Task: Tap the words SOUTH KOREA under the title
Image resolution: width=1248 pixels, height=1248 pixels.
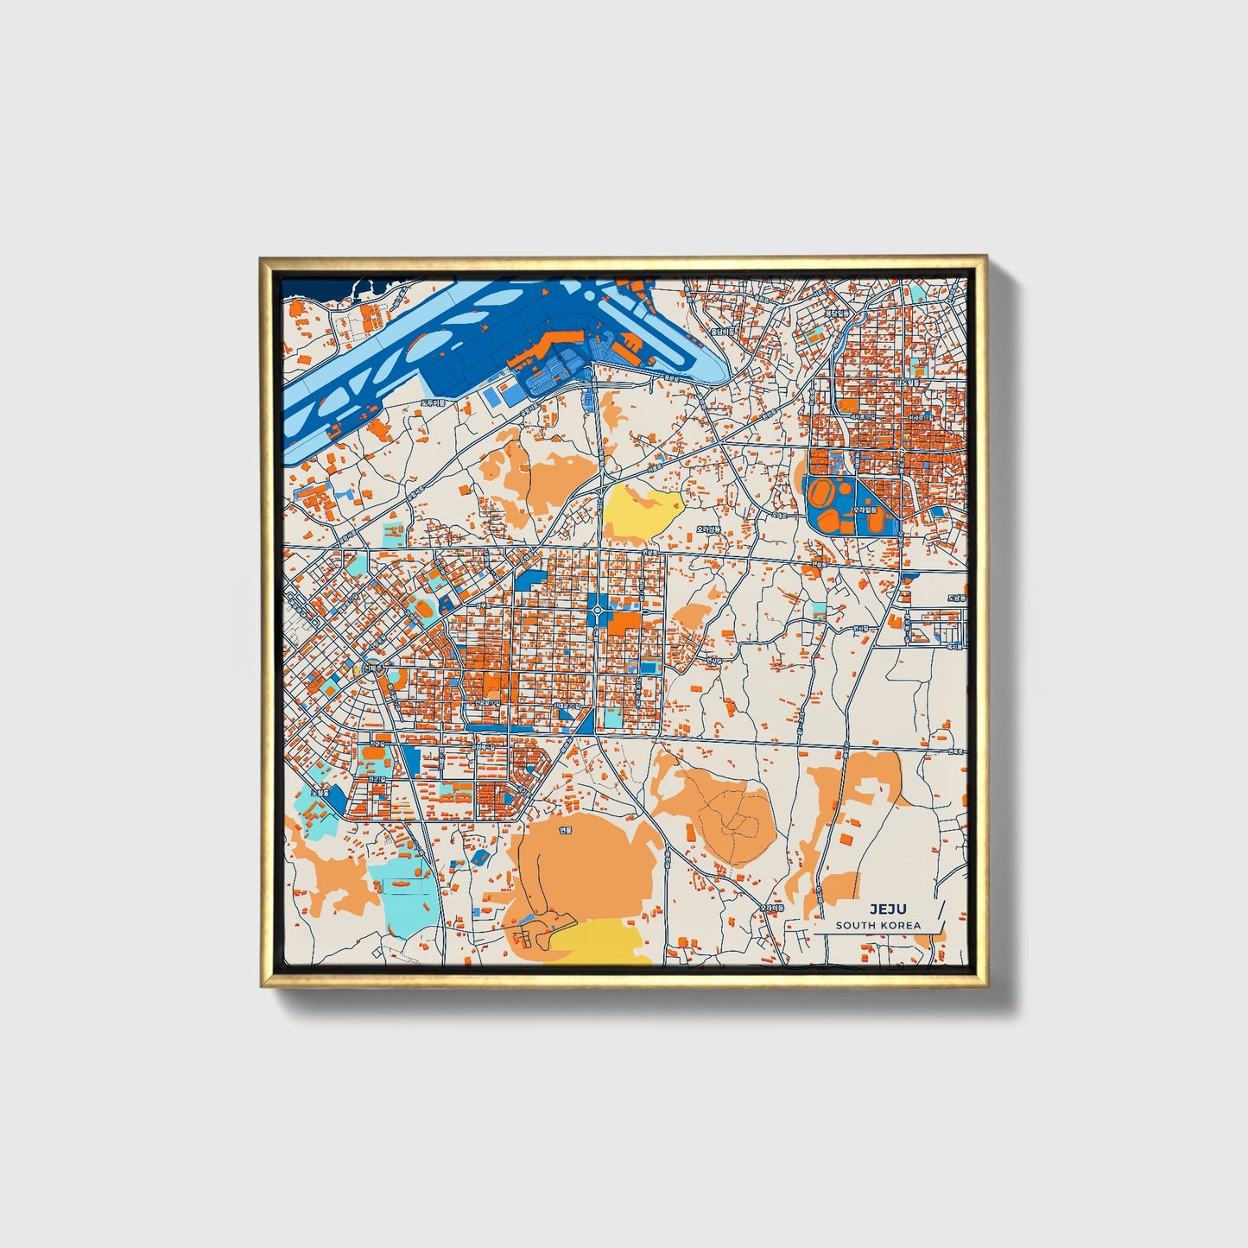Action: (x=877, y=925)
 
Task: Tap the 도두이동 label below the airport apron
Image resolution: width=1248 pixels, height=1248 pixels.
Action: (x=432, y=402)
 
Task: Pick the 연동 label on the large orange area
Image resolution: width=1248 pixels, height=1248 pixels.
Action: (x=566, y=831)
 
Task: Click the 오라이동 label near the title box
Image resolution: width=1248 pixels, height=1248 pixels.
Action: (x=772, y=908)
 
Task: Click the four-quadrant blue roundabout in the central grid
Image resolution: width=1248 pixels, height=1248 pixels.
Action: (x=598, y=611)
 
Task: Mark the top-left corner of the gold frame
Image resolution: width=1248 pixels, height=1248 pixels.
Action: (x=262, y=258)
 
